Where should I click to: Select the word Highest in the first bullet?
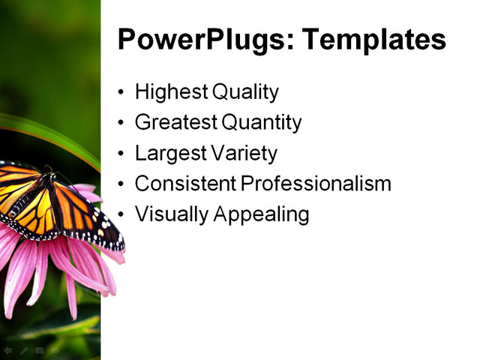coord(172,92)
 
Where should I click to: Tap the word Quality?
coord(245,92)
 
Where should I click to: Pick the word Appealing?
coord(262,214)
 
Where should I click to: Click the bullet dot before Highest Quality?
coord(122,94)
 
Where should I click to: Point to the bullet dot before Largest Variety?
coord(122,154)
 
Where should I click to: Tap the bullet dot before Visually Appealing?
coord(122,215)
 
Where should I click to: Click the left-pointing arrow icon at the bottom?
coord(8,350)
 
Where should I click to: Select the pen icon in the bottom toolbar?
coord(23,350)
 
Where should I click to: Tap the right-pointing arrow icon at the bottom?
coord(54,350)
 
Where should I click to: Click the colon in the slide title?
coord(286,42)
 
